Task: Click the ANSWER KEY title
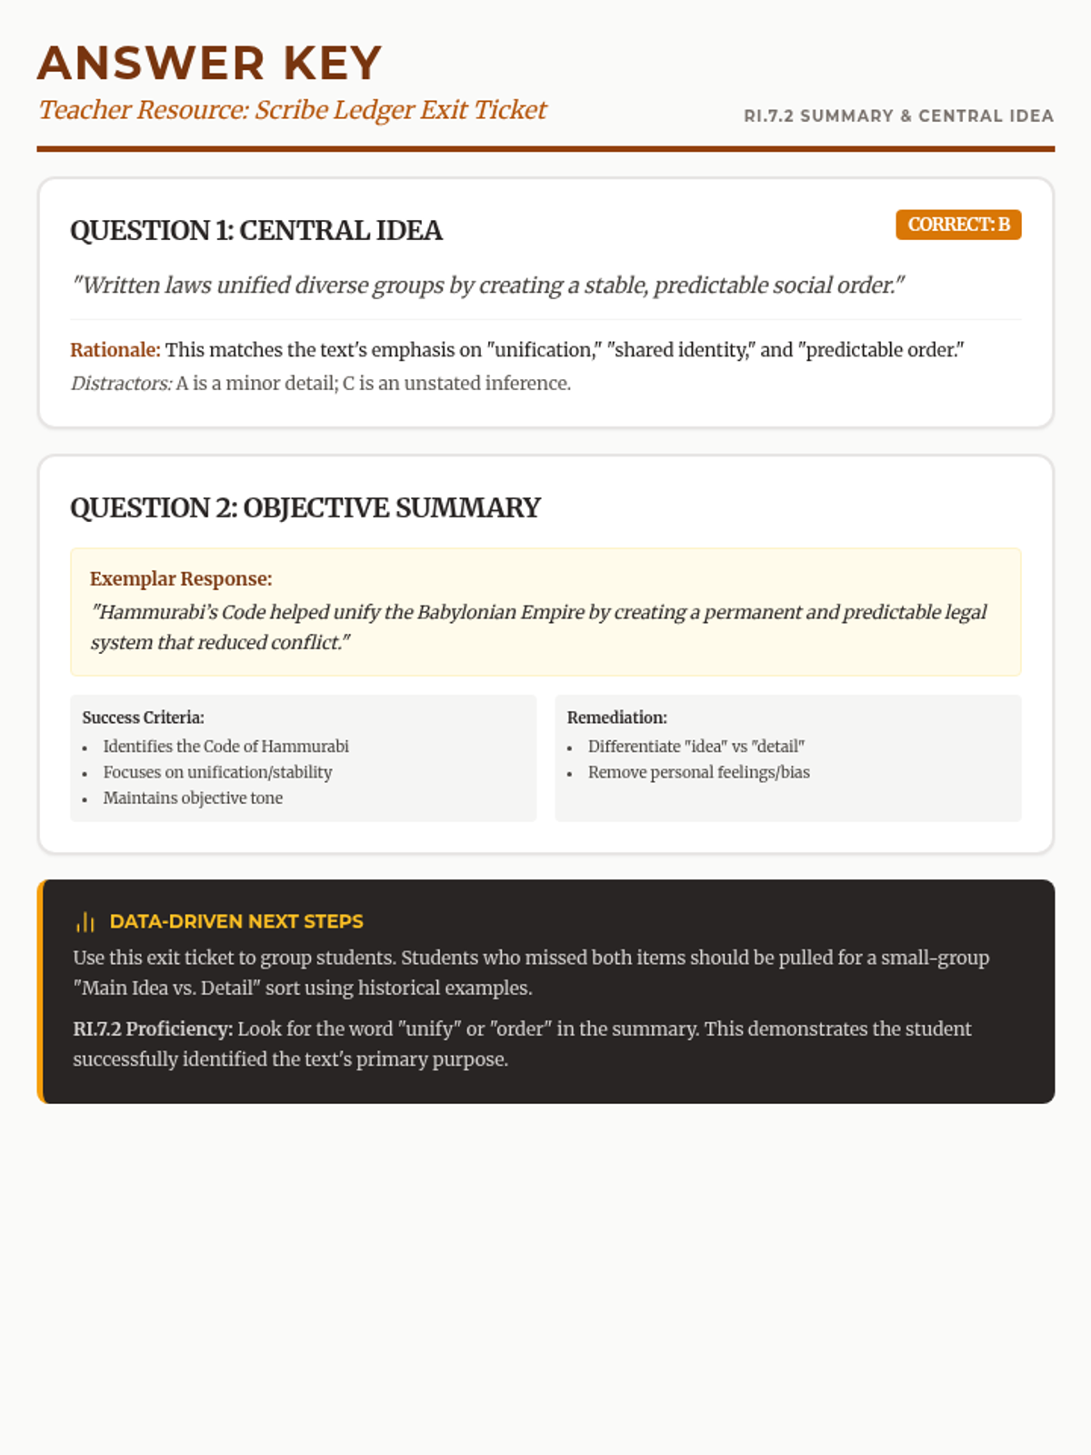pyautogui.click(x=209, y=64)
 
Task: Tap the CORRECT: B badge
pyautogui.click(x=958, y=225)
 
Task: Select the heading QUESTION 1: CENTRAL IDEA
pyautogui.click(x=256, y=231)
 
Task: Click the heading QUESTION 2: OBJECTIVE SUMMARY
pyautogui.click(x=305, y=507)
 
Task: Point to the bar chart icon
pyautogui.click(x=85, y=922)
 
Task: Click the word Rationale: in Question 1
pyautogui.click(x=115, y=350)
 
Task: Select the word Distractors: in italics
pyautogui.click(x=121, y=384)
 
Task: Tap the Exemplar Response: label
pyautogui.click(x=181, y=579)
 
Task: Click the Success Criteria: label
pyautogui.click(x=143, y=717)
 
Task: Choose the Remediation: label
pyautogui.click(x=616, y=717)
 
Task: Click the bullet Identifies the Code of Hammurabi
pyautogui.click(x=225, y=747)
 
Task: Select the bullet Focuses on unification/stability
pyautogui.click(x=217, y=772)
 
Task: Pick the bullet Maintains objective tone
pyautogui.click(x=193, y=798)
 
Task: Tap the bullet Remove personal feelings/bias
pyautogui.click(x=698, y=772)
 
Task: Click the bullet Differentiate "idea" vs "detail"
pyautogui.click(x=696, y=747)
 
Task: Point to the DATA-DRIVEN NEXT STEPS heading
pyautogui.click(x=236, y=921)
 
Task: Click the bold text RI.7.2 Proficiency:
pyautogui.click(x=153, y=1029)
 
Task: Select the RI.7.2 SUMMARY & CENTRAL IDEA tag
pyautogui.click(x=898, y=116)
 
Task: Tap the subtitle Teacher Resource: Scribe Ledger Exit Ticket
pyautogui.click(x=292, y=110)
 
